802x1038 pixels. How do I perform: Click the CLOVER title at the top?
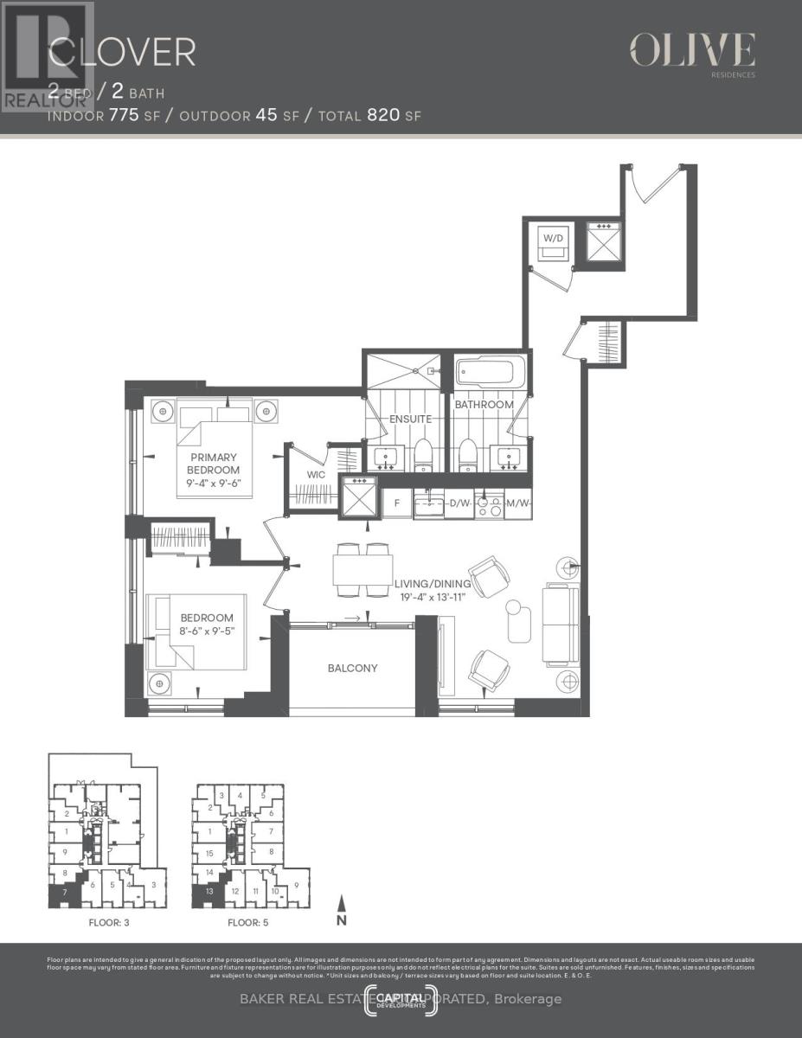[121, 53]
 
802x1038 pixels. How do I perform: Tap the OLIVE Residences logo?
[692, 51]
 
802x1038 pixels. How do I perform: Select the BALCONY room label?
[352, 668]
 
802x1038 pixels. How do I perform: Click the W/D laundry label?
[552, 236]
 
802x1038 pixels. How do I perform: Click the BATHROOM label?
[484, 404]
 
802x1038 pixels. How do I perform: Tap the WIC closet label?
[315, 474]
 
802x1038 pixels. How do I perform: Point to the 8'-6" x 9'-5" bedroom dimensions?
[207, 631]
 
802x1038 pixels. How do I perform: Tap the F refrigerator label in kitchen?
[396, 502]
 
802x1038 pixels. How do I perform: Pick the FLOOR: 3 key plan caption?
[109, 922]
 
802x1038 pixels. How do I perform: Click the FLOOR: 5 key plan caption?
[248, 922]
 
